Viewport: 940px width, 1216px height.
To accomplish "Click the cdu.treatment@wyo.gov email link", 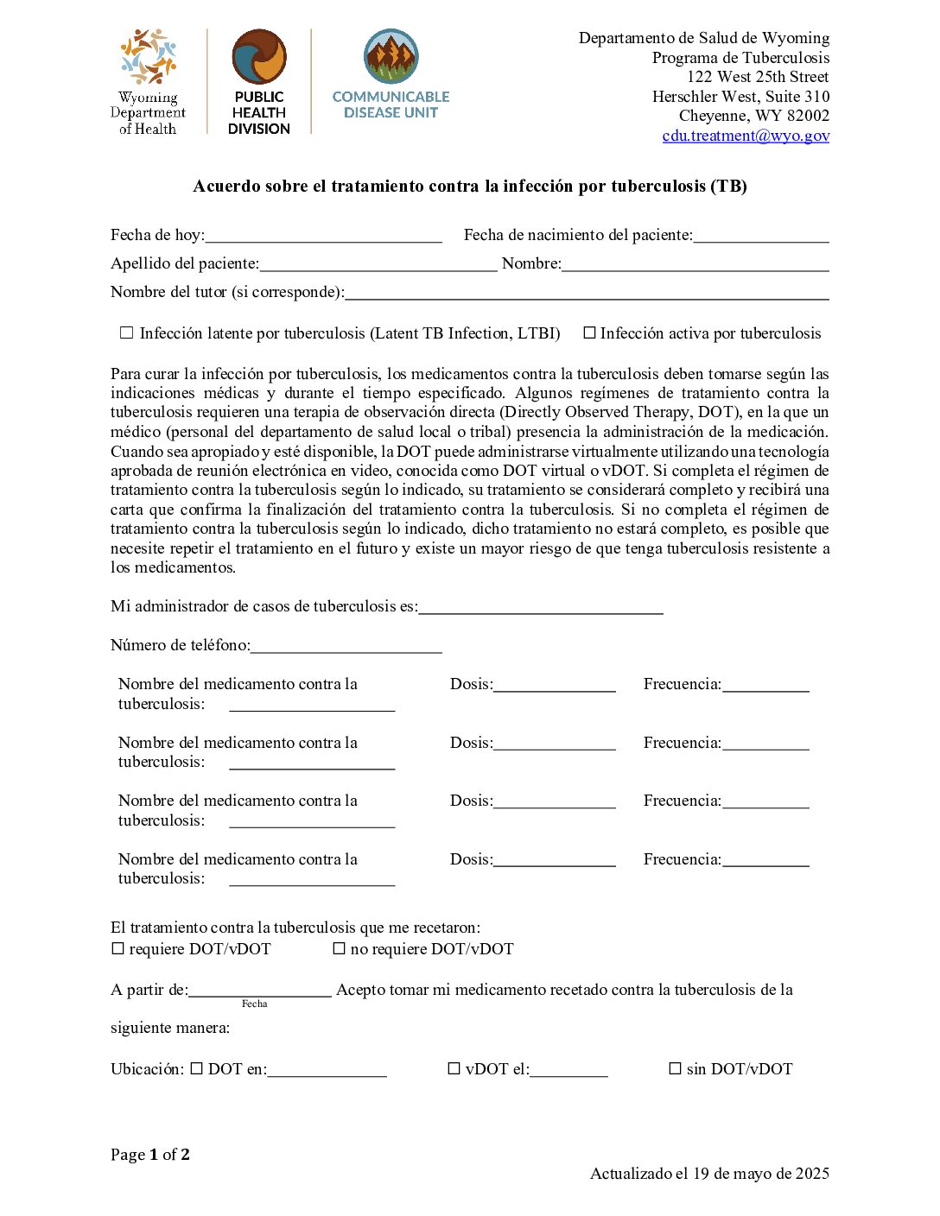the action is coord(746,136).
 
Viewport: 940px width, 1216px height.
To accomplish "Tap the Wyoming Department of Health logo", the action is coord(148,82).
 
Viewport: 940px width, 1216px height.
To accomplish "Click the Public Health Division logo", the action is coord(259,82).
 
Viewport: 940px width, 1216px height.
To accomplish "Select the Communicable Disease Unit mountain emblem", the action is coord(391,57).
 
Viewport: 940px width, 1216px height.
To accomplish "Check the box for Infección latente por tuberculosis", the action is coord(127,332).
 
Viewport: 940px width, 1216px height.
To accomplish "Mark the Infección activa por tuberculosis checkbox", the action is coord(589,332).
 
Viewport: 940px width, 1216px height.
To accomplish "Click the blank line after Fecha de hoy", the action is coord(323,236).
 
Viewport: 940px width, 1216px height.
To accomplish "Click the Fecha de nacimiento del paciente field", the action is coord(760,236).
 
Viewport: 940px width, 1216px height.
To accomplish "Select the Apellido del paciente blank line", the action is coord(378,264).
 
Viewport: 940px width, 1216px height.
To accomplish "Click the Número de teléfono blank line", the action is coord(346,646).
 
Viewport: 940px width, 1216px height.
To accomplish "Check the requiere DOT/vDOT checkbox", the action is coord(118,948).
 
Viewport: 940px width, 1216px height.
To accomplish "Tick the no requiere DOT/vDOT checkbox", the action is coord(340,948).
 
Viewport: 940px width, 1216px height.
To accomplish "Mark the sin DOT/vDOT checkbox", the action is coord(676,1068).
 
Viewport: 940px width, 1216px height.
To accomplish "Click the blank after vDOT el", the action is coord(568,1070).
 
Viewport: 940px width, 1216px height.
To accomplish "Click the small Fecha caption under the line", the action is coord(254,1004).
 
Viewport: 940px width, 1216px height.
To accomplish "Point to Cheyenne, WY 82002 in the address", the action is coord(753,116).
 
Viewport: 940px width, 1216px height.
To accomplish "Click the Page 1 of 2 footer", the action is coord(150,1155).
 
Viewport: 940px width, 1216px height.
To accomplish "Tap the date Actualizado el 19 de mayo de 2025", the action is coord(709,1174).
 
